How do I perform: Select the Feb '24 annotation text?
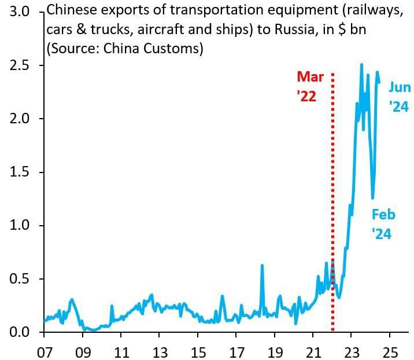383,225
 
